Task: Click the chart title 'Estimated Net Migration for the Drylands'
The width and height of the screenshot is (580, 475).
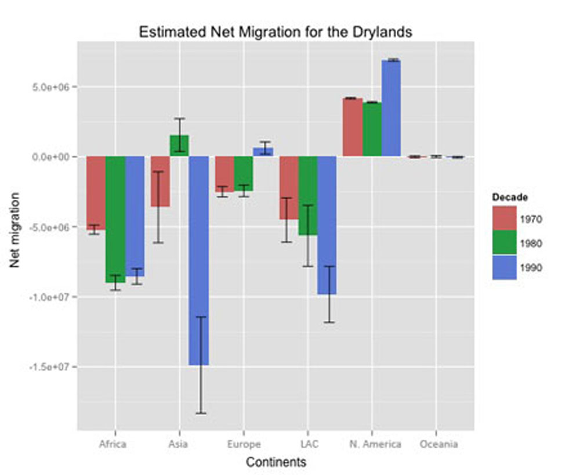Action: [x=275, y=32]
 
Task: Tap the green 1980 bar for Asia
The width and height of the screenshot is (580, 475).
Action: [x=180, y=146]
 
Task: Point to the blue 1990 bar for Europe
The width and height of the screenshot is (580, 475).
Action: [x=263, y=152]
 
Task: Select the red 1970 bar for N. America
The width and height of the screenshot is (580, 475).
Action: [x=353, y=127]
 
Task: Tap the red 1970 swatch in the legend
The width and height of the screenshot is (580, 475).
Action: [x=504, y=219]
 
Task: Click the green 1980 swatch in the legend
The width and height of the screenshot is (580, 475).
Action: [x=504, y=243]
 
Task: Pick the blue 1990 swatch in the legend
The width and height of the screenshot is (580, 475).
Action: [x=504, y=268]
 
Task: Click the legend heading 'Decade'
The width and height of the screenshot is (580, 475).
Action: [x=510, y=197]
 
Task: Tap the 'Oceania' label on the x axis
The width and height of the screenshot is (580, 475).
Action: [x=438, y=445]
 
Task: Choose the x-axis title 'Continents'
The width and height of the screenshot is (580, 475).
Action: [x=275, y=463]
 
